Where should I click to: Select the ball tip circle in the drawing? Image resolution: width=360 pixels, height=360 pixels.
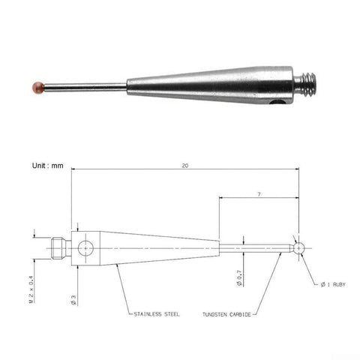coord(299,247)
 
